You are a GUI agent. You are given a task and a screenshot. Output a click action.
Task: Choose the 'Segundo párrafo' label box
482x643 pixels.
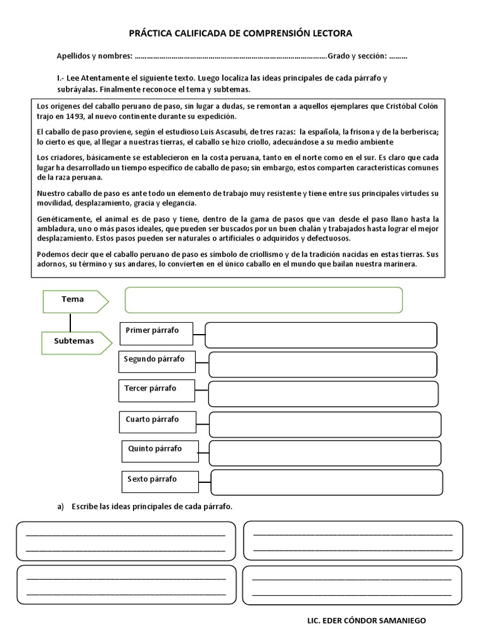(x=156, y=361)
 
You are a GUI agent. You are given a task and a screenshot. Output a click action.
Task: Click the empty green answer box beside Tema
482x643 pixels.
(x=264, y=300)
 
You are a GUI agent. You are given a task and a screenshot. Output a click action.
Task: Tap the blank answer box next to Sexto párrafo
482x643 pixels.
(x=327, y=482)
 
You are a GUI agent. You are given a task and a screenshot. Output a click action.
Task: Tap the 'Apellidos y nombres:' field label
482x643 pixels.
(x=94, y=57)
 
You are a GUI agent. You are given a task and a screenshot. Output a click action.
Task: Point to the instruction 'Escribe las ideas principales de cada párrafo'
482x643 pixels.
(x=152, y=507)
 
